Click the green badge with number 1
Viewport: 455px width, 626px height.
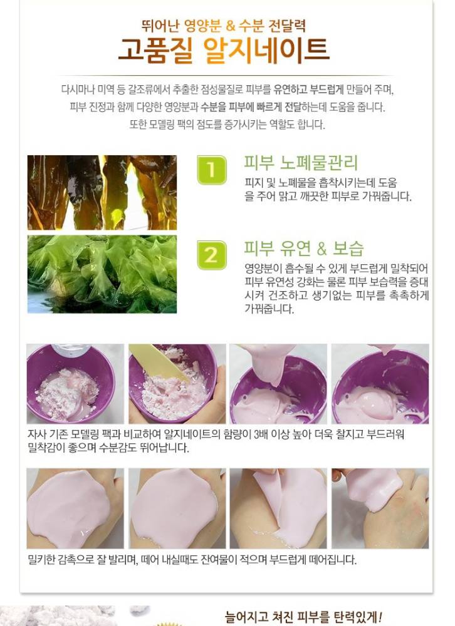(211, 170)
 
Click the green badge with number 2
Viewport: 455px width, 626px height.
(211, 255)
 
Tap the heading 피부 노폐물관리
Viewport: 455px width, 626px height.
(301, 163)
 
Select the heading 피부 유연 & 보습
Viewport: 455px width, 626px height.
(304, 249)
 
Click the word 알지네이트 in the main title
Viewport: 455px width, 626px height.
(267, 50)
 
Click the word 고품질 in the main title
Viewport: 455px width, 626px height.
(156, 50)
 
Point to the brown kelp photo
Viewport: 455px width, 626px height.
(102, 192)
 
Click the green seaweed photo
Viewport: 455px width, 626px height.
(102, 274)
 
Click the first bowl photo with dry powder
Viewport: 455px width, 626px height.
(75, 384)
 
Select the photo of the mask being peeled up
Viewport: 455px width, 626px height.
(278, 508)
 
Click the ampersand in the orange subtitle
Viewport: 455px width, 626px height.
(230, 26)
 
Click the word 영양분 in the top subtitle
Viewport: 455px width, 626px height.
(202, 26)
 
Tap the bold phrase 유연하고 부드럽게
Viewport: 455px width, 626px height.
(308, 90)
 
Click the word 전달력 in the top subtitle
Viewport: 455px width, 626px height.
(287, 26)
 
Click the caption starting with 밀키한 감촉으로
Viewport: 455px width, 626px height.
(192, 560)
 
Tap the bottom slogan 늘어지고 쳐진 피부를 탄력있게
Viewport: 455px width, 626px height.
(304, 617)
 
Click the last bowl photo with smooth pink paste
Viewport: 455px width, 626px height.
(380, 384)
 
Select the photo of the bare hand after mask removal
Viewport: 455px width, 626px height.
(380, 508)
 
